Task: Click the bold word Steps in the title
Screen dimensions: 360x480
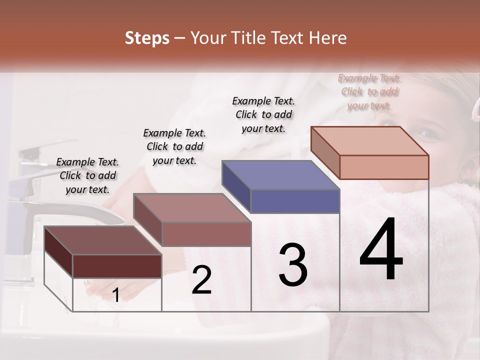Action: pos(147,38)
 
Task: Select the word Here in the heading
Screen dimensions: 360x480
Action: pos(326,38)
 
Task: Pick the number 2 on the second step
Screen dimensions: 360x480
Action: pos(202,280)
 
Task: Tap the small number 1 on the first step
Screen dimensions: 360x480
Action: pos(115,295)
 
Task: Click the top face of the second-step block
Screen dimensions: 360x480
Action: pos(192,208)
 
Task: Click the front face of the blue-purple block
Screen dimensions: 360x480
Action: pos(295,201)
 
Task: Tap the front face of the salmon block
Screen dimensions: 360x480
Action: pos(384,167)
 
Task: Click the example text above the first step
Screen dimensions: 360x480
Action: pos(87,175)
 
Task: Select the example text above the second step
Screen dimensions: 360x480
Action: pos(174,146)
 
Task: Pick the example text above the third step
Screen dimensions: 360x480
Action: pos(263,114)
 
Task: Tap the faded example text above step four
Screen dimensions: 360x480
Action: pos(369,91)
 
